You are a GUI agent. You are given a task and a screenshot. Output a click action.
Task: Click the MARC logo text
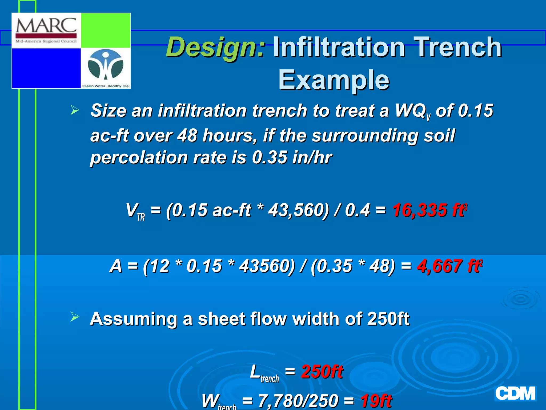pos(46,26)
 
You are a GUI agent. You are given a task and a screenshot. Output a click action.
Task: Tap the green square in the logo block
pos(106,30)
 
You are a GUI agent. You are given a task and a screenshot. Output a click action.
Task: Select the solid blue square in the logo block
pos(46,68)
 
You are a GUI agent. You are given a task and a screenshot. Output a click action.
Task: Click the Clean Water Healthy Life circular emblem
pos(106,65)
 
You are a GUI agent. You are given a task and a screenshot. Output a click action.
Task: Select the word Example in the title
pos(334,80)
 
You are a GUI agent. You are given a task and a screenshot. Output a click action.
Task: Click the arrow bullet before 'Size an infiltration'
pos(75,110)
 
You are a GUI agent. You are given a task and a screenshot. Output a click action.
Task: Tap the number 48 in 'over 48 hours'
pos(187,135)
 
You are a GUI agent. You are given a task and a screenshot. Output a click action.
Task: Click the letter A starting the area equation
pos(116,266)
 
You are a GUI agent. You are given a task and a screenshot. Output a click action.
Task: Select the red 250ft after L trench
pos(322,372)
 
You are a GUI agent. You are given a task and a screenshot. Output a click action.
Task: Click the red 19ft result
pos(376,401)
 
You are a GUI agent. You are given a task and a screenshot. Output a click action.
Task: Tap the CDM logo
pos(515,393)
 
